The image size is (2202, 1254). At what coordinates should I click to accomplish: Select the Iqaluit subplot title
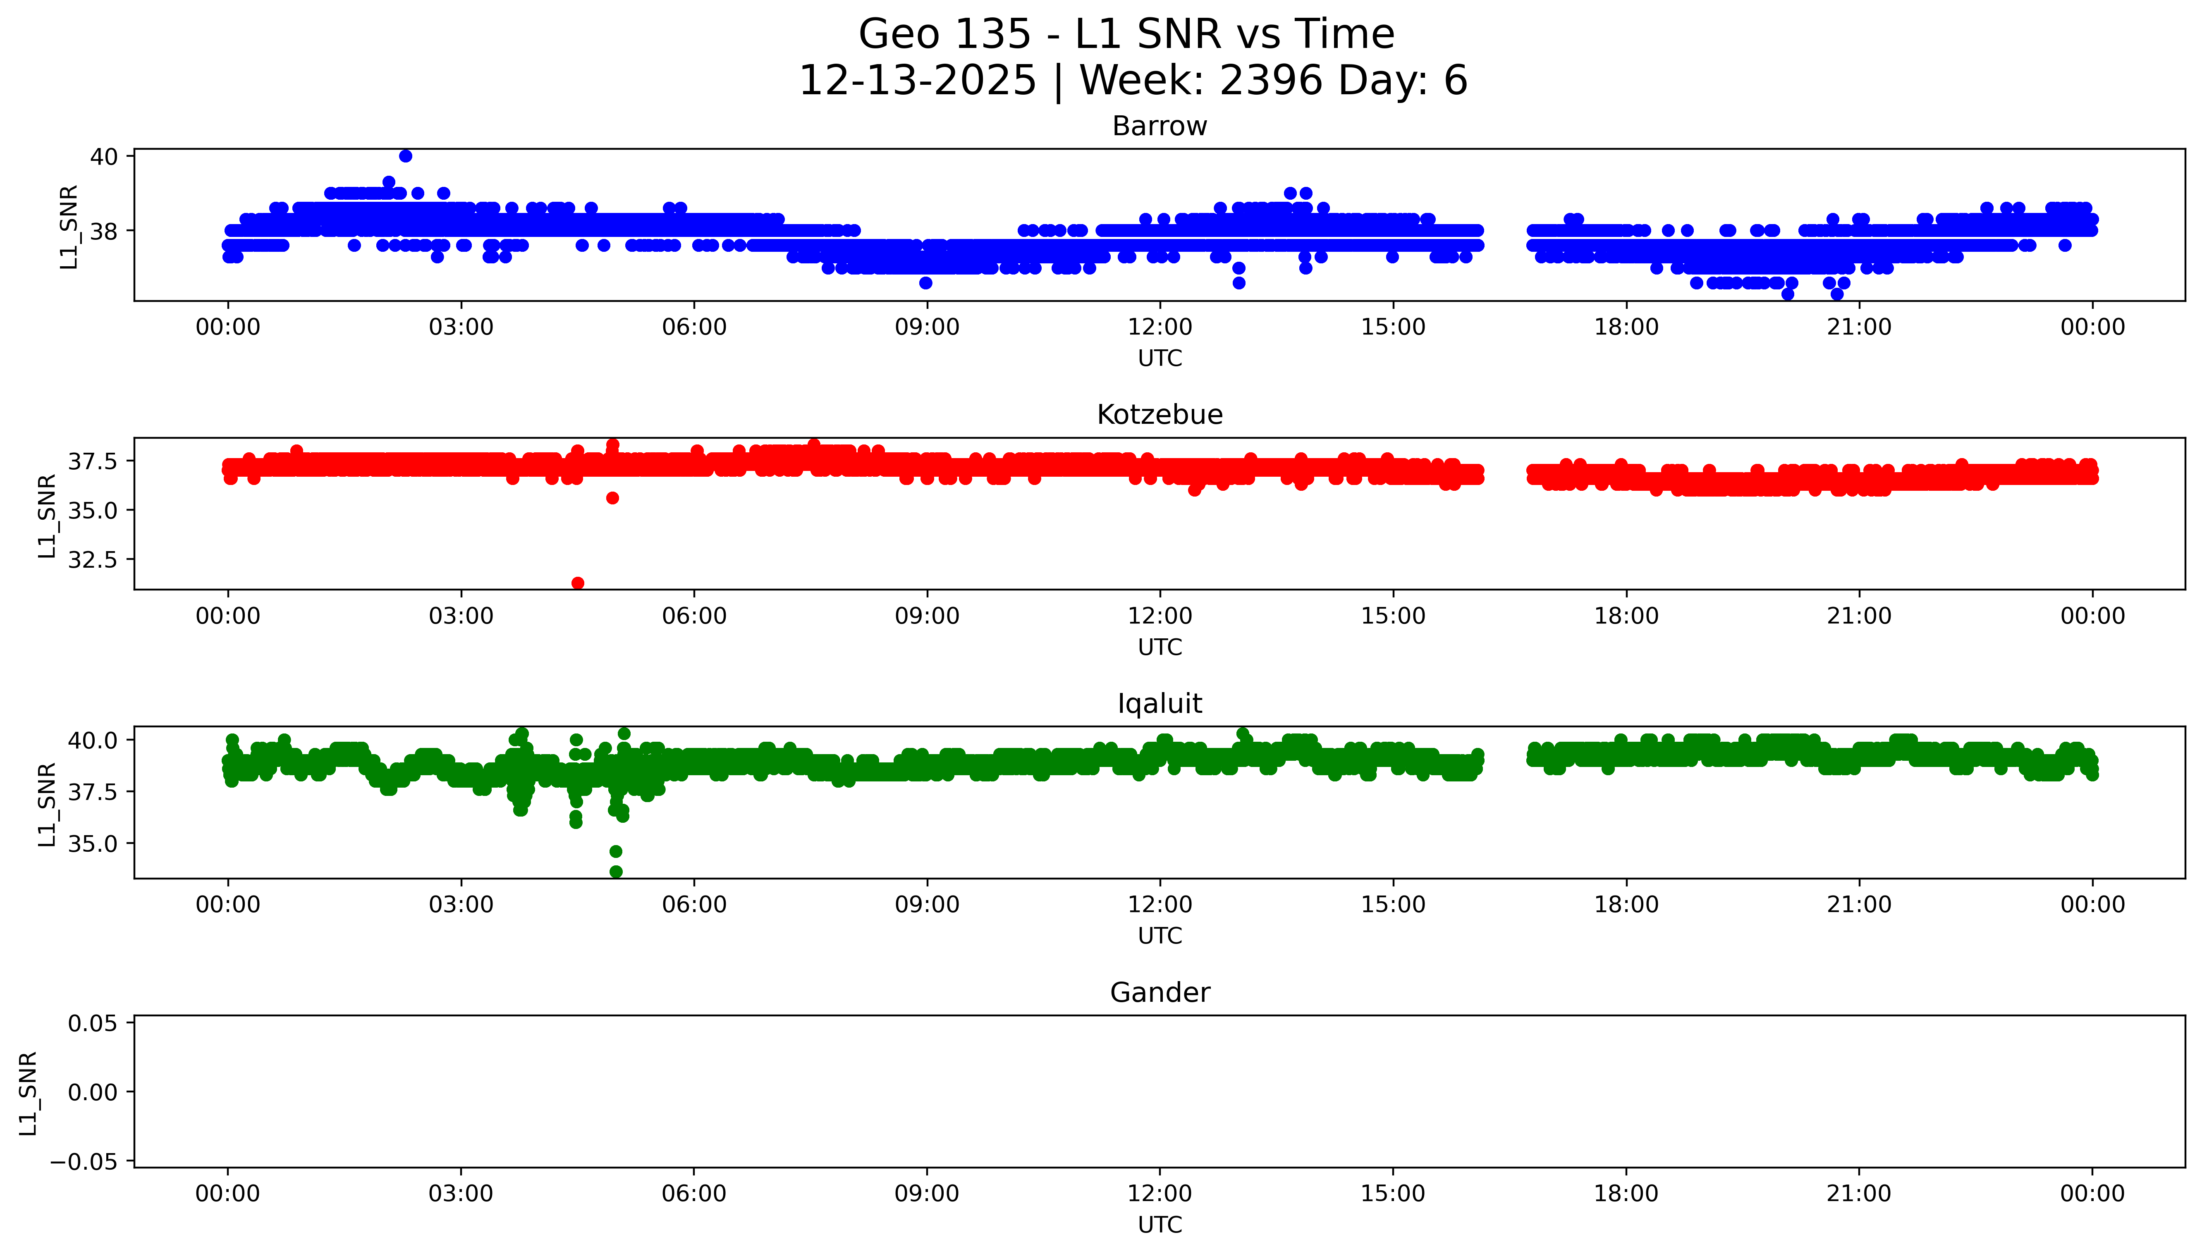pos(1159,704)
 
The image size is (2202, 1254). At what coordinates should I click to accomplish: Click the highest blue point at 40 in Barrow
pos(406,156)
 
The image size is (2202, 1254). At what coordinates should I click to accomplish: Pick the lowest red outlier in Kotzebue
pos(578,583)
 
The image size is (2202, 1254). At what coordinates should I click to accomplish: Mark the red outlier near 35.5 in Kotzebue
pos(612,498)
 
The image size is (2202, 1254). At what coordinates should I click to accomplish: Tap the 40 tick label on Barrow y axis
pos(104,157)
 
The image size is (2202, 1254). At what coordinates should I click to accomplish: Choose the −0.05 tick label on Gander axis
pos(84,1162)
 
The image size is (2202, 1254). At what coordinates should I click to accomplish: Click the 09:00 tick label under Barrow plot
pos(927,327)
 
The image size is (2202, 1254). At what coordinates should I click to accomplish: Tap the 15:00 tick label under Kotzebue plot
pos(1392,616)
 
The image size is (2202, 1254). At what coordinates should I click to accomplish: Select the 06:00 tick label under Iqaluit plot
pos(694,904)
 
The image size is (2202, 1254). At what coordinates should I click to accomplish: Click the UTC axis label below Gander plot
pos(1159,1224)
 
